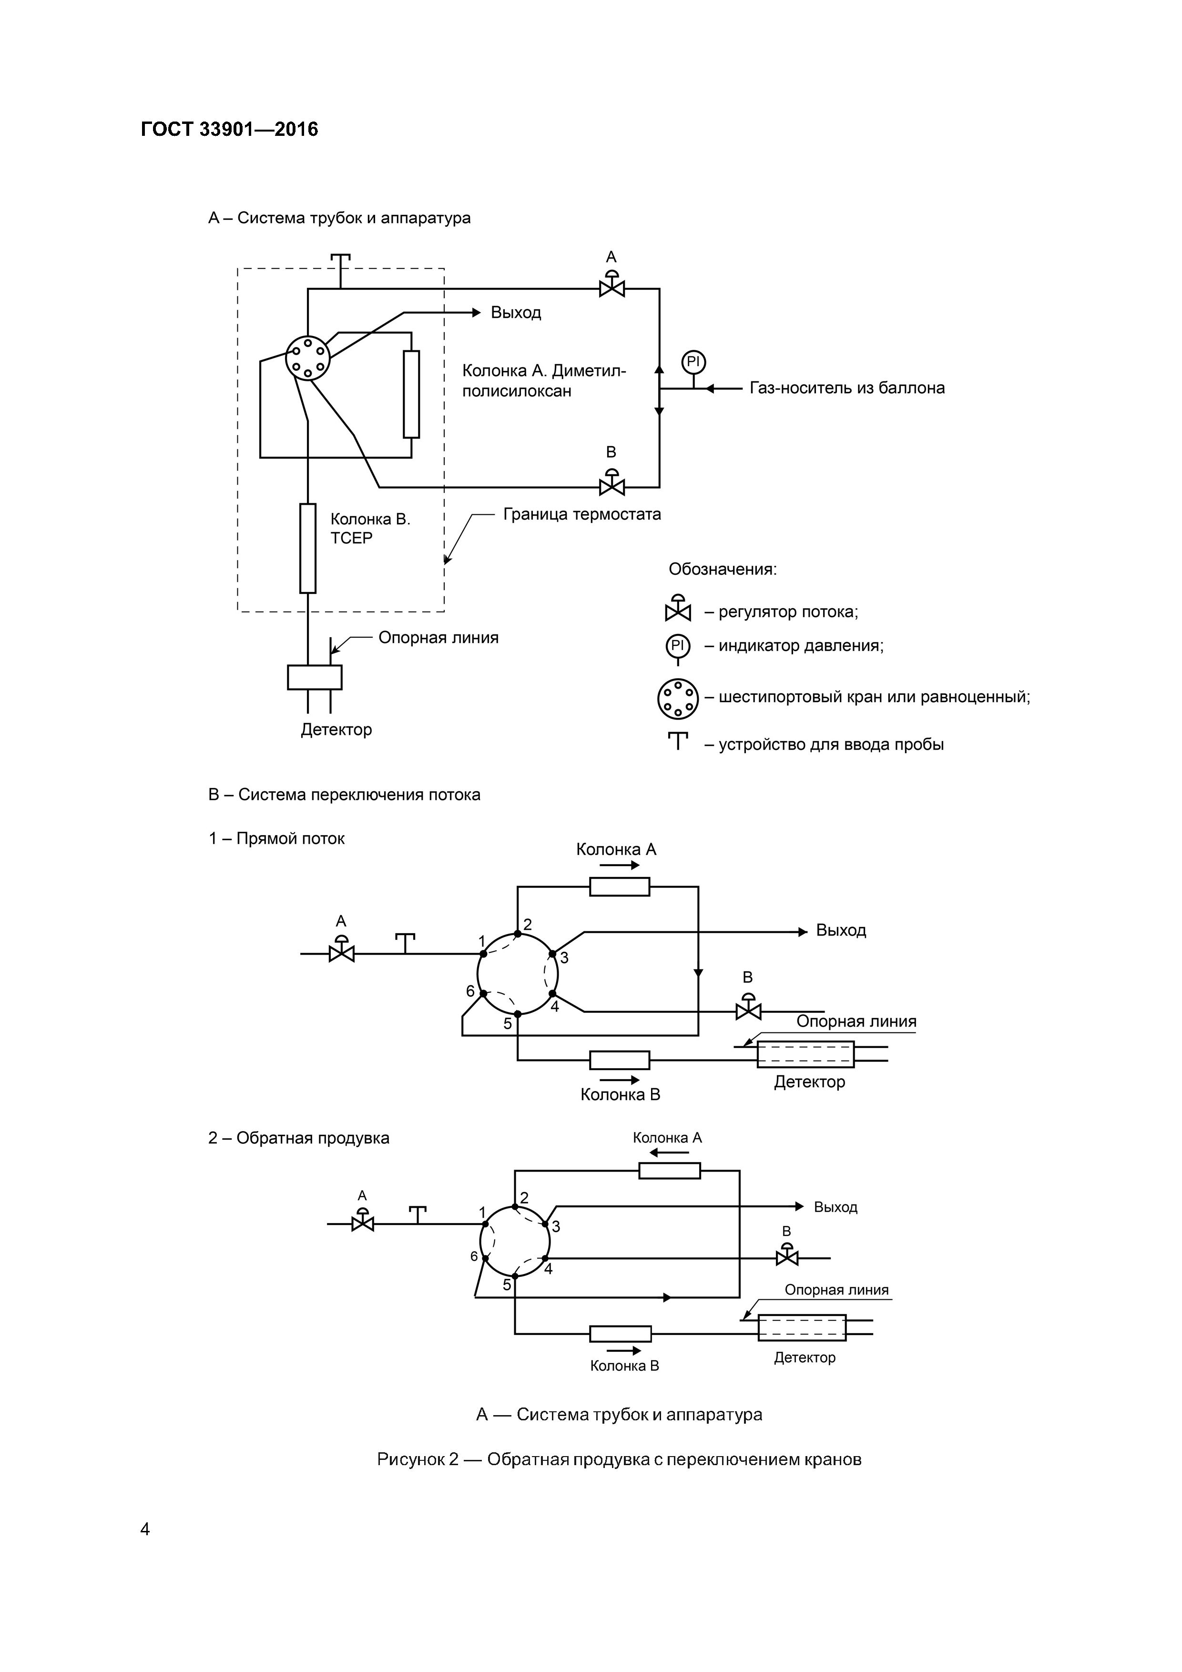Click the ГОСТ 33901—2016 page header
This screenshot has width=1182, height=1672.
pyautogui.click(x=229, y=130)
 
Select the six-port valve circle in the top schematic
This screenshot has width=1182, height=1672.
pyautogui.click(x=307, y=357)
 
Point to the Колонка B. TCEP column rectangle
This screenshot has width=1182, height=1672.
pyautogui.click(x=308, y=548)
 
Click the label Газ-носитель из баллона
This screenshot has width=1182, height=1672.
pyautogui.click(x=847, y=388)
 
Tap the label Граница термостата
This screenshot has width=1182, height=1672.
pyautogui.click(x=582, y=514)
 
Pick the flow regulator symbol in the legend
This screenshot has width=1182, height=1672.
pyautogui.click(x=677, y=609)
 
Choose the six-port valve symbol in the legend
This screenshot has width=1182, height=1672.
pyautogui.click(x=677, y=698)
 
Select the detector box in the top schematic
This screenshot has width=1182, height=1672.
pyautogui.click(x=315, y=677)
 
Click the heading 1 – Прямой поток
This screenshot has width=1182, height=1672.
pyautogui.click(x=277, y=839)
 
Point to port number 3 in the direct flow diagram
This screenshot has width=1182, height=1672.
pyautogui.click(x=564, y=958)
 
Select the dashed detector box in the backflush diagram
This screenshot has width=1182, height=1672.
pyautogui.click(x=802, y=1327)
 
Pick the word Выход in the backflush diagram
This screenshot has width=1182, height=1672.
pyautogui.click(x=836, y=1207)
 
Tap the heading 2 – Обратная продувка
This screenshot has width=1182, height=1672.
pyautogui.click(x=298, y=1138)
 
